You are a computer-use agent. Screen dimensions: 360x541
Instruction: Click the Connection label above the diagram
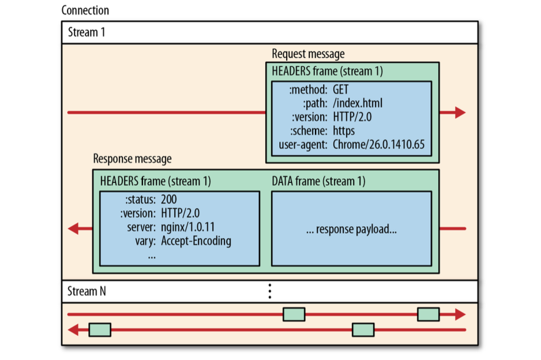(x=85, y=10)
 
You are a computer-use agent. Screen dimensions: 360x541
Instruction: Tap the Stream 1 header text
(x=87, y=32)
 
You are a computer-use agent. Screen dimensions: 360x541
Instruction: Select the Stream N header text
(x=87, y=291)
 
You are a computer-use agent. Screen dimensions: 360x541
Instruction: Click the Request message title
(x=308, y=54)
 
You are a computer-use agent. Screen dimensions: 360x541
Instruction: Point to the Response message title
(x=132, y=158)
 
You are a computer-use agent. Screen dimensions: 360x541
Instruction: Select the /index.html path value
(x=358, y=104)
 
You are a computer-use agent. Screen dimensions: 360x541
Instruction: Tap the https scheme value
(x=344, y=131)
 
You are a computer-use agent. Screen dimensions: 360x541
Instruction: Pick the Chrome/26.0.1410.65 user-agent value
(x=378, y=144)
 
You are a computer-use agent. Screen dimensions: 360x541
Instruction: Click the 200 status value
(x=169, y=200)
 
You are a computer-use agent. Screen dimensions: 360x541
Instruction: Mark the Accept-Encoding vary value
(x=196, y=241)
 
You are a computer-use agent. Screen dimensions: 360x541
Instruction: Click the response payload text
(x=351, y=228)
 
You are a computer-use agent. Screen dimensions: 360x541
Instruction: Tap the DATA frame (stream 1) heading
(x=318, y=181)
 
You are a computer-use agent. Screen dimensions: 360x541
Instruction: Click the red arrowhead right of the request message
(x=460, y=112)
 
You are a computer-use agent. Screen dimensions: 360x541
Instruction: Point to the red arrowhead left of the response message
(x=73, y=228)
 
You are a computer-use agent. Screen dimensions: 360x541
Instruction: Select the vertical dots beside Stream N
(x=269, y=291)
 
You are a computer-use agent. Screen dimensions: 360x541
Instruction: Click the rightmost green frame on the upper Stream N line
(x=428, y=314)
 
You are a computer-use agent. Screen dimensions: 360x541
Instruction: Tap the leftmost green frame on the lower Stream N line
(x=99, y=330)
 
